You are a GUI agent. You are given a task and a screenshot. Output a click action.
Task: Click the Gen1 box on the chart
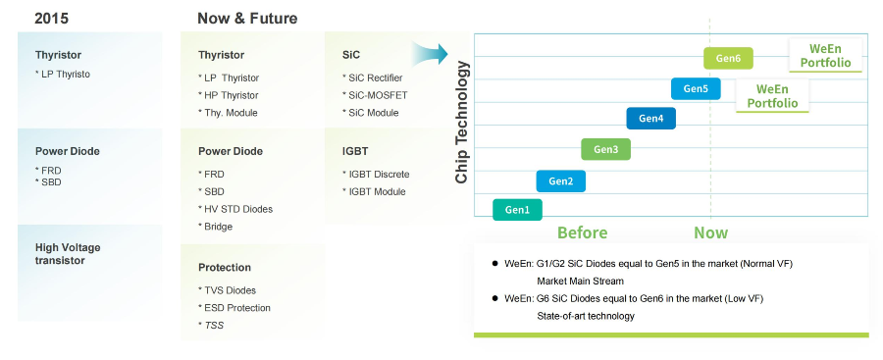click(517, 210)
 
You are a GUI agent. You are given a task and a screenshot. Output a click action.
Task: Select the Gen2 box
click(561, 180)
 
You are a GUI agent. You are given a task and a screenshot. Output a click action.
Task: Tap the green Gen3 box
click(606, 149)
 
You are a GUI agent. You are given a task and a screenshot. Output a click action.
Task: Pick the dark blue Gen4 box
click(651, 119)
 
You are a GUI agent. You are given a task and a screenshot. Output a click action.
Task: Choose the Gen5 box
click(696, 89)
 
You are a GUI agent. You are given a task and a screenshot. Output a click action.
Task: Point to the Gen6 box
click(728, 58)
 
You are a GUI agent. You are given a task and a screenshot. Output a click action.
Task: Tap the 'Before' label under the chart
click(582, 232)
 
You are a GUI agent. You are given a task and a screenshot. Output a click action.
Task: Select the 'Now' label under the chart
click(710, 232)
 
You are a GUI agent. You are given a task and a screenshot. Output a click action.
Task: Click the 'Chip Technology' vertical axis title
click(462, 123)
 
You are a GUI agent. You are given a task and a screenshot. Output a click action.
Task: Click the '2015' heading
click(51, 19)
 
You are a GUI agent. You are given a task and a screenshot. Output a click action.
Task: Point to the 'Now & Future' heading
click(247, 19)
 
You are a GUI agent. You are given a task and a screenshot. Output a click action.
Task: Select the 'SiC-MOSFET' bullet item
click(375, 95)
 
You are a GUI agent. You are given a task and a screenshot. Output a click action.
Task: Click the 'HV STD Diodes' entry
click(235, 209)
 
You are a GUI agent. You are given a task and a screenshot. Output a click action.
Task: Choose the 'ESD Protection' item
click(234, 308)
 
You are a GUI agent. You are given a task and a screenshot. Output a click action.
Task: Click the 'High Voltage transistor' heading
click(68, 254)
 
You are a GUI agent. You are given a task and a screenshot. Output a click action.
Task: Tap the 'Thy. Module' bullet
click(228, 113)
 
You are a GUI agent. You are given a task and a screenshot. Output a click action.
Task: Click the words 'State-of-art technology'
click(586, 316)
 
